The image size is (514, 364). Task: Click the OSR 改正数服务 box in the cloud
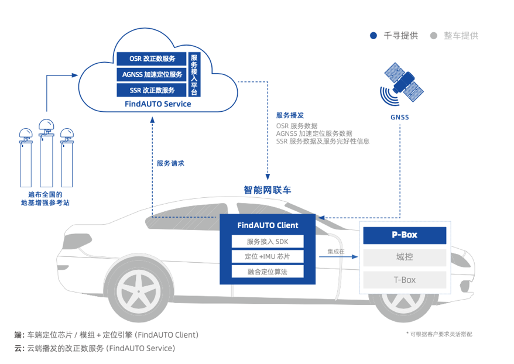click(x=152, y=59)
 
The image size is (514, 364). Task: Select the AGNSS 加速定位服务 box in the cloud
click(x=152, y=74)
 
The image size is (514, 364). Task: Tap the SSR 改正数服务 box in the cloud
click(x=152, y=90)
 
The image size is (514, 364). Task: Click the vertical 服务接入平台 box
click(x=194, y=74)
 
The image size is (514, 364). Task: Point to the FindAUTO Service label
click(x=157, y=104)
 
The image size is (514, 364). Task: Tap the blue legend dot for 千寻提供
click(x=373, y=36)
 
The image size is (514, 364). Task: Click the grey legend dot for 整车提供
click(x=434, y=36)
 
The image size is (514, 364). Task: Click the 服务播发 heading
click(x=290, y=115)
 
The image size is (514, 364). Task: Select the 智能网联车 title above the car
click(x=267, y=190)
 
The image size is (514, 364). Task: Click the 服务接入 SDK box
click(x=268, y=241)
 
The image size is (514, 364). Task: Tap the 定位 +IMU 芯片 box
click(x=268, y=256)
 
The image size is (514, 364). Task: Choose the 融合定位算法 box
click(x=268, y=272)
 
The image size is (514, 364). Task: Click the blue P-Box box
click(x=405, y=235)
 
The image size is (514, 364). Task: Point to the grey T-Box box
click(x=405, y=280)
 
